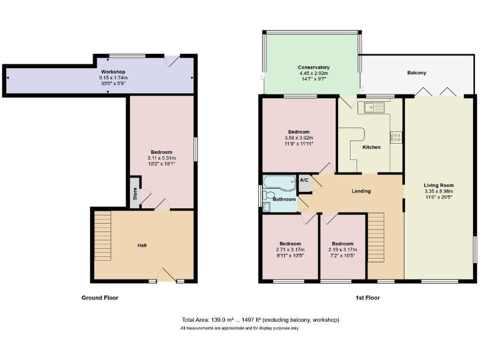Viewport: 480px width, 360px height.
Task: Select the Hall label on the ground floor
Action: tap(142, 245)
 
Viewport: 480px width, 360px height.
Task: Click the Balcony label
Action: tap(416, 73)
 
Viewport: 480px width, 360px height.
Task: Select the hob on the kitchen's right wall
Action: tap(396, 137)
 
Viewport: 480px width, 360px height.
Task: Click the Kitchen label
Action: tap(371, 147)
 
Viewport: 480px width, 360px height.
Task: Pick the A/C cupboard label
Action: tap(304, 181)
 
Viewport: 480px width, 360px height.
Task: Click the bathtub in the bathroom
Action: tap(279, 184)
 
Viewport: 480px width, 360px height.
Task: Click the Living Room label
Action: tap(438, 185)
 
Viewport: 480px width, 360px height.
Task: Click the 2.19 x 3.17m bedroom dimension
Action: tap(342, 249)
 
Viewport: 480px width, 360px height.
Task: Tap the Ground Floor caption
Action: tap(100, 298)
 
